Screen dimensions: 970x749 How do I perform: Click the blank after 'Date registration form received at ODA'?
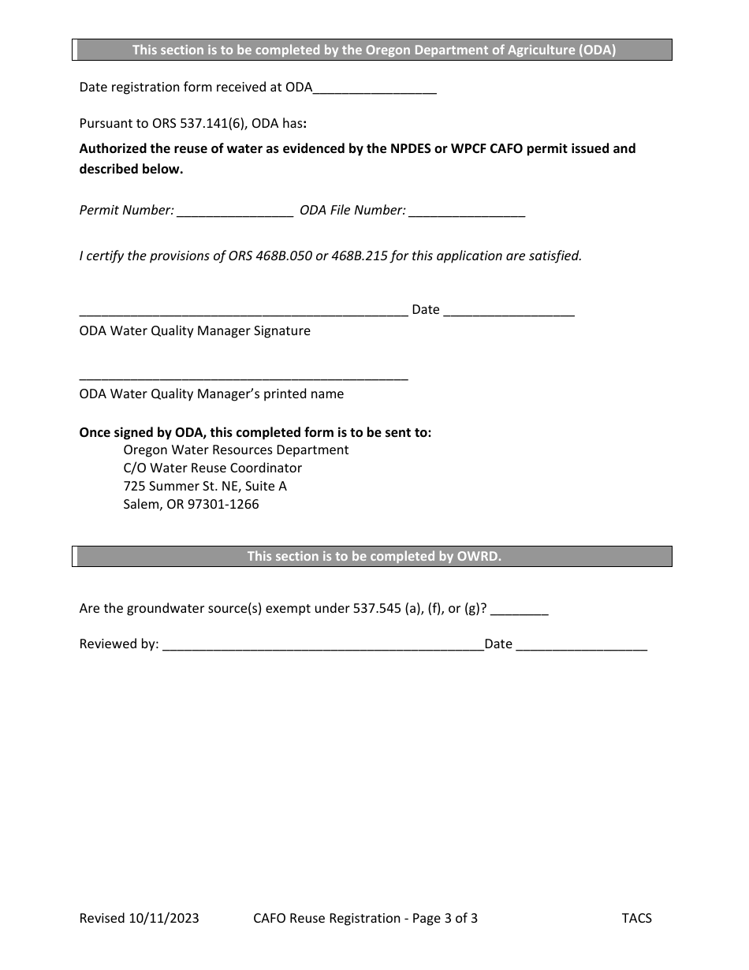coord(374,88)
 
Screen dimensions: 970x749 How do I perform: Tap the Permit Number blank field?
coord(235,211)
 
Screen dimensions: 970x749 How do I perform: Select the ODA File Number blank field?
coord(467,211)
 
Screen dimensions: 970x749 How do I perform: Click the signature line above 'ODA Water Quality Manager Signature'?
coord(244,311)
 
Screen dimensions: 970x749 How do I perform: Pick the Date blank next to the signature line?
coord(509,311)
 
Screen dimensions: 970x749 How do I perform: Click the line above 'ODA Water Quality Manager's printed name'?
coord(244,375)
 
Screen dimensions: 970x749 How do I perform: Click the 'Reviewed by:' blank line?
coord(322,645)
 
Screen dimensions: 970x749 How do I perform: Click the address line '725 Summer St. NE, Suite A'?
coord(205,486)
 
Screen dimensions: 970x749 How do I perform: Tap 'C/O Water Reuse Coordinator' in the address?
coord(212,468)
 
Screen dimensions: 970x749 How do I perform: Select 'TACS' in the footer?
coord(636,918)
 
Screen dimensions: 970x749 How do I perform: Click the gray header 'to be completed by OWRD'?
coord(374,556)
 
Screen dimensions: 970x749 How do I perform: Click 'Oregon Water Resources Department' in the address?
coord(236,450)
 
